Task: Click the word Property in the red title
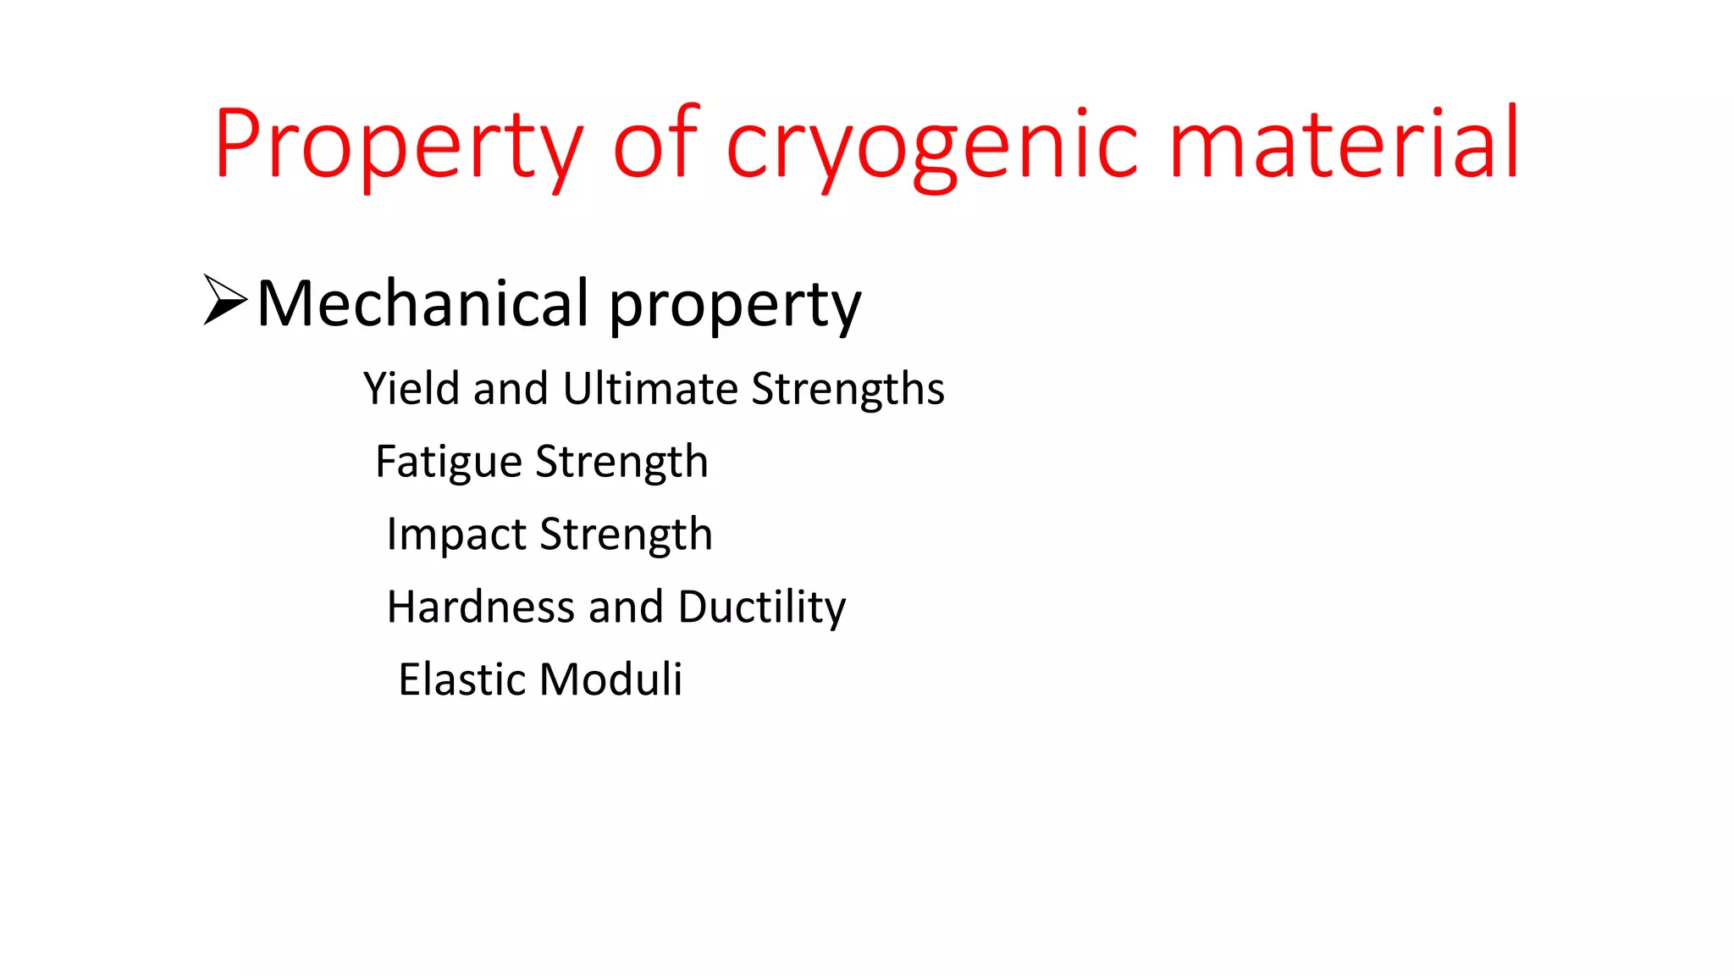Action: [x=398, y=144]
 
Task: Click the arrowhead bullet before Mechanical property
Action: [x=224, y=300]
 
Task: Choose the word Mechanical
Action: [x=422, y=302]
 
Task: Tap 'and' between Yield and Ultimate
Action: [x=511, y=389]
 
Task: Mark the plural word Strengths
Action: [x=848, y=391]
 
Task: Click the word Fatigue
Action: [x=449, y=463]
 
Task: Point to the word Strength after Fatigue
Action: [x=622, y=463]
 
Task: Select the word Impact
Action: [x=456, y=535]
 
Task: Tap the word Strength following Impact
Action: [x=627, y=535]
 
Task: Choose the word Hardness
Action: [x=481, y=607]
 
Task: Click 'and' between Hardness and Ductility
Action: [x=626, y=607]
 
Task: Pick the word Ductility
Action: [x=762, y=608]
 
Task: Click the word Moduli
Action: [x=610, y=679]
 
